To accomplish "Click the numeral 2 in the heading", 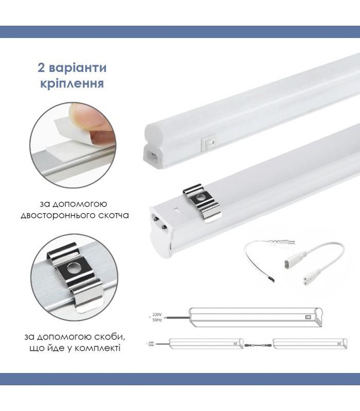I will (42, 68).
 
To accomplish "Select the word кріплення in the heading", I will (71, 83).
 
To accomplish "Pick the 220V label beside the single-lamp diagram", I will (157, 314).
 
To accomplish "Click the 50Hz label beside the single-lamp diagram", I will (157, 320).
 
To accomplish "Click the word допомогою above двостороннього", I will (82, 203).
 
